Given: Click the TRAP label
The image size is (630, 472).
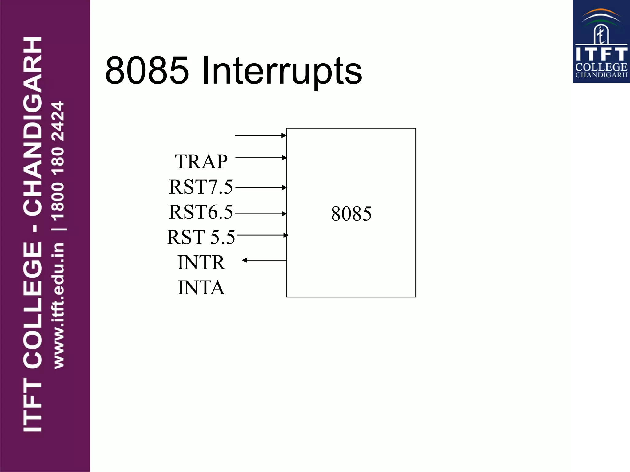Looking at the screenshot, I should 201,162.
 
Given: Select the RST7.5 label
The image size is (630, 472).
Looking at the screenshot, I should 201,187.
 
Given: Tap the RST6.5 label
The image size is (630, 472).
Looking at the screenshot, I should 201,212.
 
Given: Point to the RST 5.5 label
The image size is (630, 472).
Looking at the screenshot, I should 201,237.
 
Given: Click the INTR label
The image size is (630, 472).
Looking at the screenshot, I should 201,262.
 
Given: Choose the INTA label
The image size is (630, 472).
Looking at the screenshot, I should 201,288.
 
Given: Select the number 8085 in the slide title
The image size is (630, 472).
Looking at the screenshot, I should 147,71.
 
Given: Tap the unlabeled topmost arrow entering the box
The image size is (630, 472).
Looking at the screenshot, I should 260,135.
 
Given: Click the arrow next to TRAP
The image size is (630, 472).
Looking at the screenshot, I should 261,158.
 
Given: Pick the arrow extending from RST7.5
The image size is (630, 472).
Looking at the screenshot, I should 261,187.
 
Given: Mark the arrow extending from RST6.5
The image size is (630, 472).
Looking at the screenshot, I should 261,214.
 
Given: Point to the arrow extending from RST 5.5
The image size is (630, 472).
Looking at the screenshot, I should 262,235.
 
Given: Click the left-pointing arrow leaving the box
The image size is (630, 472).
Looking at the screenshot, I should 265,260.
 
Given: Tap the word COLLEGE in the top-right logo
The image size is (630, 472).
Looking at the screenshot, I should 601,67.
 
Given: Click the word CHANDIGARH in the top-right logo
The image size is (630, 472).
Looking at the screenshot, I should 601,75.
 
